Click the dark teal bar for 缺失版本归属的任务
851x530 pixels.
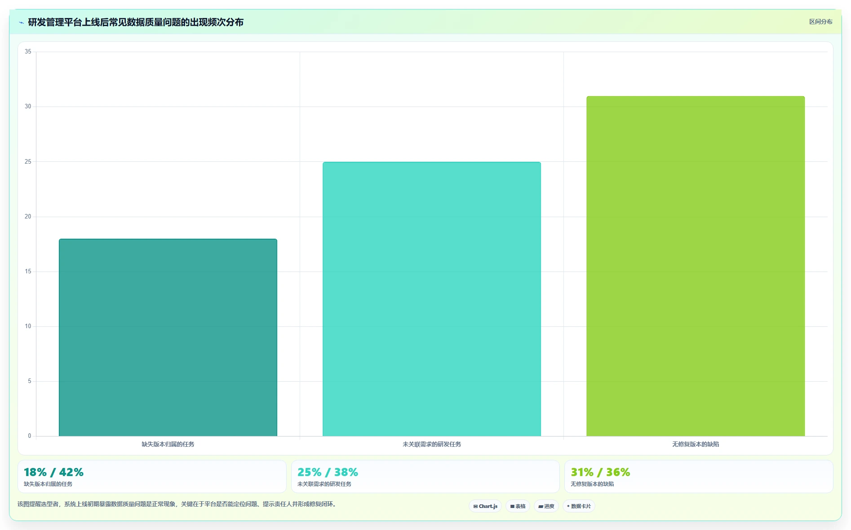[168, 337]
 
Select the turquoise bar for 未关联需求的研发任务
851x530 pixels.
[432, 299]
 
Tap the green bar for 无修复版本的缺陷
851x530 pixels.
[696, 266]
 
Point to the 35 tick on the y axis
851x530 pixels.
[28, 52]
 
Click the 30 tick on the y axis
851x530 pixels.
[28, 107]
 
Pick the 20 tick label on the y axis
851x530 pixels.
[28, 217]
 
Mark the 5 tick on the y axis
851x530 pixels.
[30, 381]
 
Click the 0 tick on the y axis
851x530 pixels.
[30, 436]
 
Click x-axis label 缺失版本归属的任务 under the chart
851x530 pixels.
[168, 444]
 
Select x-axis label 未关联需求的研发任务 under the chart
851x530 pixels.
[432, 444]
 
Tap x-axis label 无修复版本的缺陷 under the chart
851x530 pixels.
[696, 444]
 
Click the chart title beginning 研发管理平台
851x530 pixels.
[136, 22]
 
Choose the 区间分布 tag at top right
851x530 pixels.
[821, 22]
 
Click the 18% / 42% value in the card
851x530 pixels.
[53, 472]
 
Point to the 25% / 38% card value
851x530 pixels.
[328, 472]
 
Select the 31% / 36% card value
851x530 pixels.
[600, 472]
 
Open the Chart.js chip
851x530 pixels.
[485, 506]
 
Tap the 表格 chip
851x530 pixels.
[518, 506]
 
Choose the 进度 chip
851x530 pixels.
[546, 506]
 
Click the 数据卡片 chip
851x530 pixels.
[579, 506]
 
